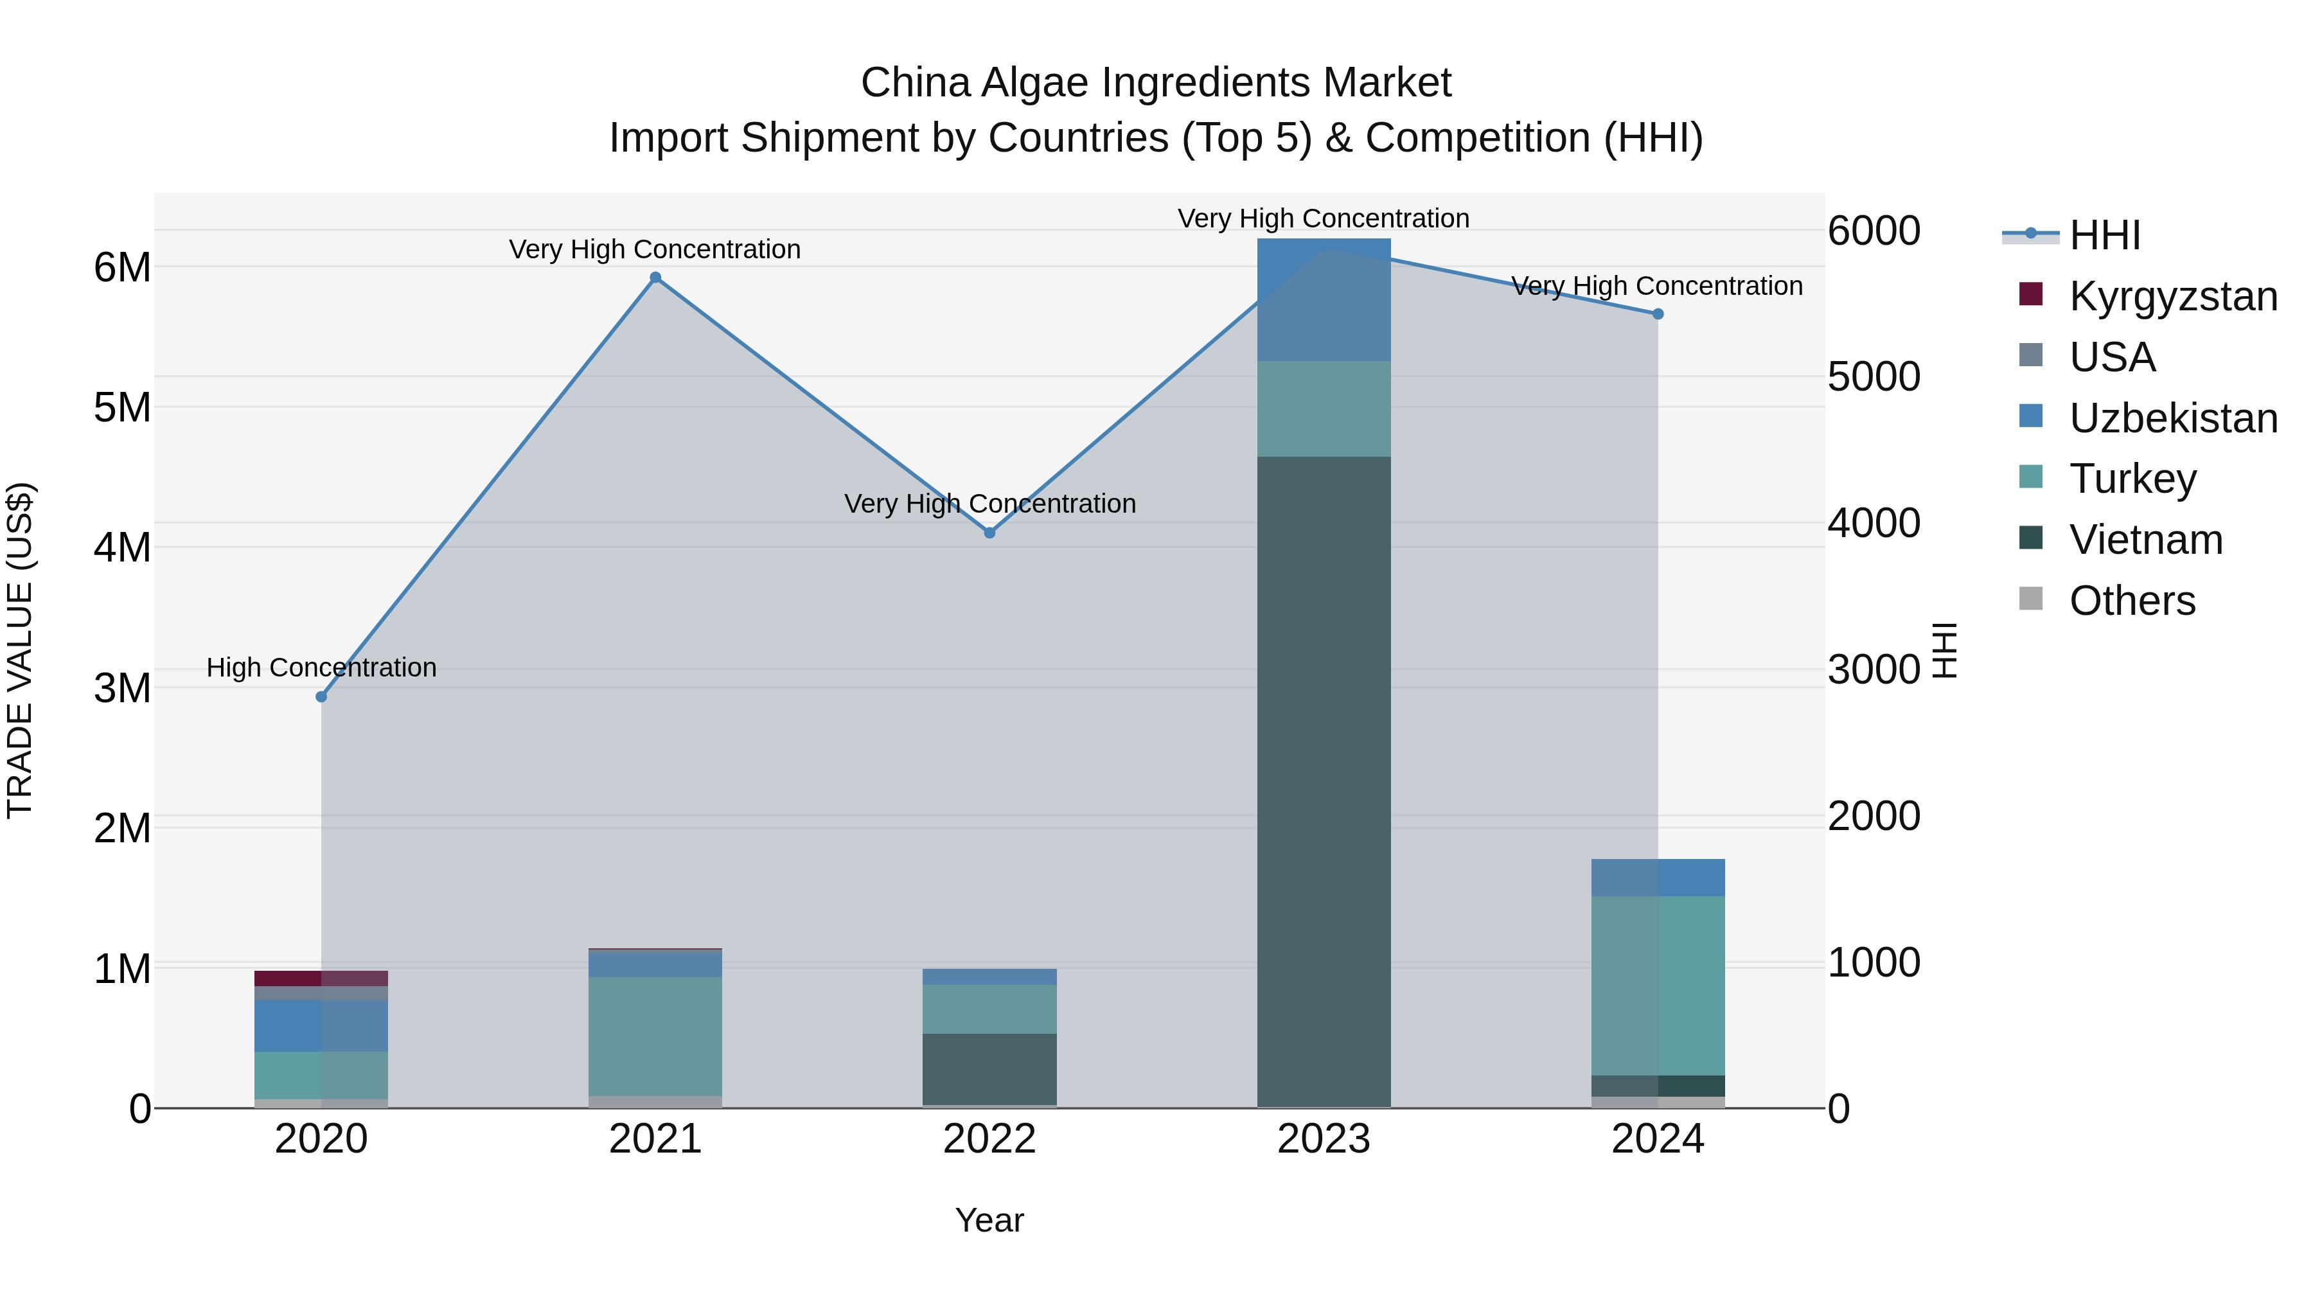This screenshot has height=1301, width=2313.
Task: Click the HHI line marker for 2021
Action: (655, 278)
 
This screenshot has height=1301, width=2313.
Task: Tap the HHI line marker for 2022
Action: (989, 533)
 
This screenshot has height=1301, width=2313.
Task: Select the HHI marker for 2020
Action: (321, 696)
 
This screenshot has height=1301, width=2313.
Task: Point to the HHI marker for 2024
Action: (1658, 314)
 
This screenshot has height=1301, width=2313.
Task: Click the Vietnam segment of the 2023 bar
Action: (1324, 781)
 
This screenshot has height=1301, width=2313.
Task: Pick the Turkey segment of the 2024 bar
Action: (1658, 985)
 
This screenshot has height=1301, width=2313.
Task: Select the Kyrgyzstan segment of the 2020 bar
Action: (321, 978)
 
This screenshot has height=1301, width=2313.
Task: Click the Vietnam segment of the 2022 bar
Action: (989, 1068)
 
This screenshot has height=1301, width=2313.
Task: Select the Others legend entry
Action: (2132, 601)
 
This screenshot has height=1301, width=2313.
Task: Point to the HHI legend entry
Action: (2104, 235)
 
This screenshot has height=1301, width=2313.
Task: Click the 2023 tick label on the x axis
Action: (1324, 1139)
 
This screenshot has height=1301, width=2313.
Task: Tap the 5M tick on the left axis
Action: (122, 407)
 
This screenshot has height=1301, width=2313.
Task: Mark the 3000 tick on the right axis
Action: (1874, 670)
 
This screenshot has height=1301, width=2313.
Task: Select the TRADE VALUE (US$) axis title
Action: (20, 650)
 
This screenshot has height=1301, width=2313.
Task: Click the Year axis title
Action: (989, 1220)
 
